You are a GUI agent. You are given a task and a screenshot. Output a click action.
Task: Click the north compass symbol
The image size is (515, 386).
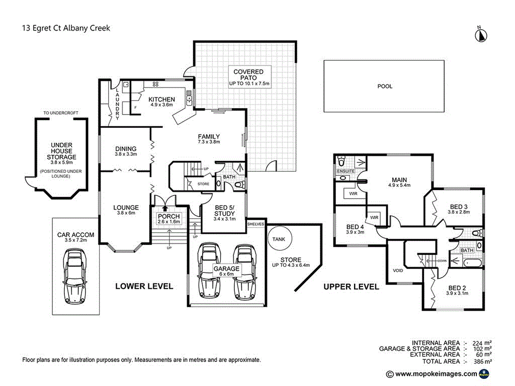pos(481,34)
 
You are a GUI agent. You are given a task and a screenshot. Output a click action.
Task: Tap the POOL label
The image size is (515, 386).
pos(385,86)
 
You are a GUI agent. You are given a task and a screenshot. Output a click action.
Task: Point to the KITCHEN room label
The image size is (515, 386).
pos(161,100)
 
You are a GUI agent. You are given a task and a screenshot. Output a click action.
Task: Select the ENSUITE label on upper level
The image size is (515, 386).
pos(346,171)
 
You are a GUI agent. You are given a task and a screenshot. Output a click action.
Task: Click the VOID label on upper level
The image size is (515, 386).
pos(398,270)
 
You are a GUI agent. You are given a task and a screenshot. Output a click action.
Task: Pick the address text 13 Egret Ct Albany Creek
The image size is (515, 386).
pos(66,28)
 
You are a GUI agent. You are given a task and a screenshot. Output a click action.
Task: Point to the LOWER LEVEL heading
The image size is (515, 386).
pos(144,286)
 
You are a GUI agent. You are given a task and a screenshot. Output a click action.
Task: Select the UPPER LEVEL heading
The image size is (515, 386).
pos(351,286)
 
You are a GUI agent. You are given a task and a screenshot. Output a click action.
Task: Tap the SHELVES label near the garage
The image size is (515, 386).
pos(255,224)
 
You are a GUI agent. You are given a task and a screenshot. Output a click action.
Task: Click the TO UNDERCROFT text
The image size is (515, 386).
pos(61,113)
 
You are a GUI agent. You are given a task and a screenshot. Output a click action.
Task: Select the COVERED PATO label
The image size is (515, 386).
pos(248,75)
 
